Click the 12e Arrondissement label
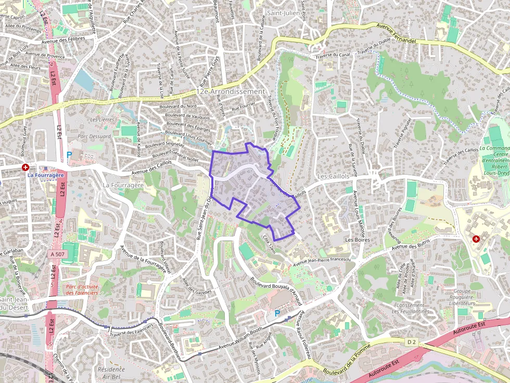(x=231, y=91)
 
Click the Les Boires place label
(x=358, y=240)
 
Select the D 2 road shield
(x=412, y=341)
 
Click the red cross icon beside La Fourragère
(x=25, y=167)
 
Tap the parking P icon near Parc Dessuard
(x=69, y=155)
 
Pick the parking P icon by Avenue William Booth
(x=277, y=313)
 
